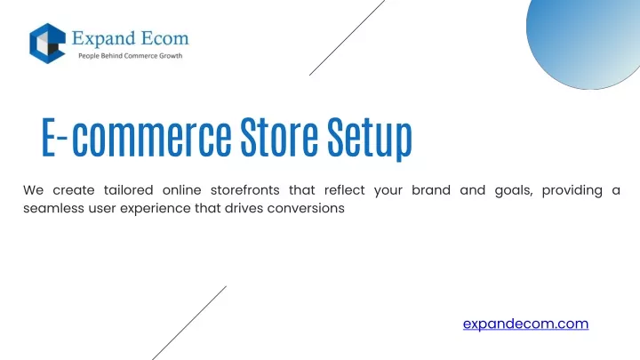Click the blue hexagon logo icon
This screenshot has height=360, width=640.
pyautogui.click(x=47, y=44)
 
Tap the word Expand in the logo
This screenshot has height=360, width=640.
pyautogui.click(x=98, y=39)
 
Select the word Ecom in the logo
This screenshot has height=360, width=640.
pyautogui.click(x=160, y=38)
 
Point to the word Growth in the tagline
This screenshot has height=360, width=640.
pyautogui.click(x=171, y=56)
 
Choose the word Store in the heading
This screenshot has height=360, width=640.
pyautogui.click(x=279, y=137)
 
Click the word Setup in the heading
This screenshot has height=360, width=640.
pyautogui.click(x=370, y=138)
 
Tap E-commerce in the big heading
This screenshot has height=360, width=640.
pyautogui.click(x=137, y=137)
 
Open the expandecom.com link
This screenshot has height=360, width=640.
pyautogui.click(x=525, y=324)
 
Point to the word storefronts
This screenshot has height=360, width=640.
pyautogui.click(x=245, y=190)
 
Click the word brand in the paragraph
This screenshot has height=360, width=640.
pyautogui.click(x=431, y=190)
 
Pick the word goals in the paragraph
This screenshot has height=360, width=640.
pyautogui.click(x=514, y=191)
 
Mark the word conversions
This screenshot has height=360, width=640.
pyautogui.click(x=306, y=208)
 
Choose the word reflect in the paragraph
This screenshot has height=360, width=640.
pyautogui.click(x=345, y=190)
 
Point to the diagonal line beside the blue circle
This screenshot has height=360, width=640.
pyautogui.click(x=347, y=37)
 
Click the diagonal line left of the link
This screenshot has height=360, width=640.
pyautogui.click(x=189, y=323)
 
